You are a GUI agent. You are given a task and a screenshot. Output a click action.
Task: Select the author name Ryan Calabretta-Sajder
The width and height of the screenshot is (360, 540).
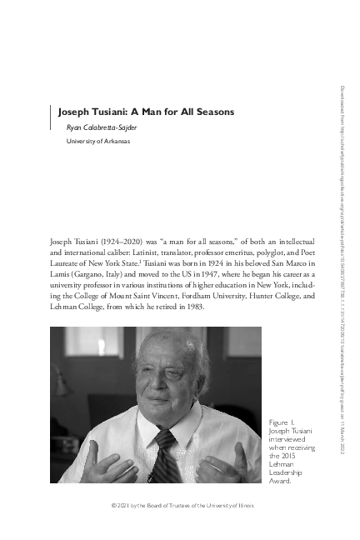[102, 127]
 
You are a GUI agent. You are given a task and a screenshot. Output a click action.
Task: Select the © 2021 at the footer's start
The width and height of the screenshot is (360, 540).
[110, 506]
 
